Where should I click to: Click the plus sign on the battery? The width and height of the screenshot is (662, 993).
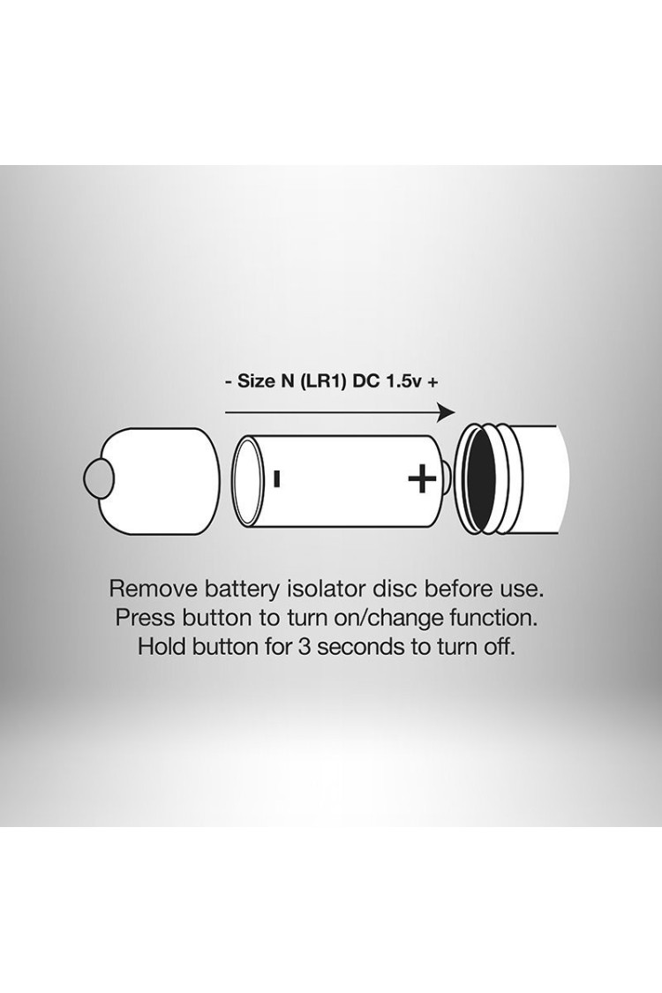pyautogui.click(x=422, y=479)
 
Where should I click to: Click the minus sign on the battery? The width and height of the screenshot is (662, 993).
pyautogui.click(x=277, y=478)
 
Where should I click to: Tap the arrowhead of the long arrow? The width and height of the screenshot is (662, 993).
pyautogui.click(x=447, y=413)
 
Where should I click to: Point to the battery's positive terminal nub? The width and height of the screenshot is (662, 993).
pyautogui.click(x=447, y=479)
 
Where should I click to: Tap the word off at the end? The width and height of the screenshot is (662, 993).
pyautogui.click(x=497, y=647)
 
